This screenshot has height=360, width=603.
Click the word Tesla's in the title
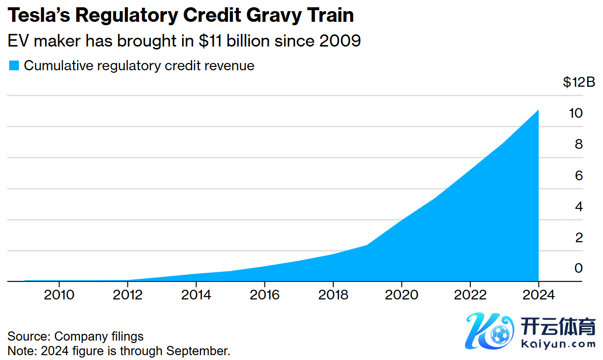point(38,16)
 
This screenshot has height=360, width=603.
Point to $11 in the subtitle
point(209,41)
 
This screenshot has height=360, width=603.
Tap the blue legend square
point(14,65)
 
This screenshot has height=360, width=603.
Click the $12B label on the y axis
point(578,82)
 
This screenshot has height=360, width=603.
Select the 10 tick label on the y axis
point(575,113)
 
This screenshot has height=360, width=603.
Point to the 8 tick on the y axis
point(578,144)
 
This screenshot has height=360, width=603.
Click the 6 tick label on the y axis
point(578,175)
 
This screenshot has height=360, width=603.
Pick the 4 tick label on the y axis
point(578,206)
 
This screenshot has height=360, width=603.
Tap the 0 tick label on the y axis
point(578,268)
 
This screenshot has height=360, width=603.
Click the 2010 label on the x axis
point(59,295)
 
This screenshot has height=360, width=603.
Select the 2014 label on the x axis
point(196,295)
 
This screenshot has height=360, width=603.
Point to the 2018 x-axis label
point(333,295)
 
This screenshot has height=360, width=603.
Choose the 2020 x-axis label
point(402,295)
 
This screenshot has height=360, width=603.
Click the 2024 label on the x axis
point(539,295)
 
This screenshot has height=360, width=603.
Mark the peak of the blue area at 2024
point(538,110)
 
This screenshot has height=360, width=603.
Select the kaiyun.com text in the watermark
point(559,344)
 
